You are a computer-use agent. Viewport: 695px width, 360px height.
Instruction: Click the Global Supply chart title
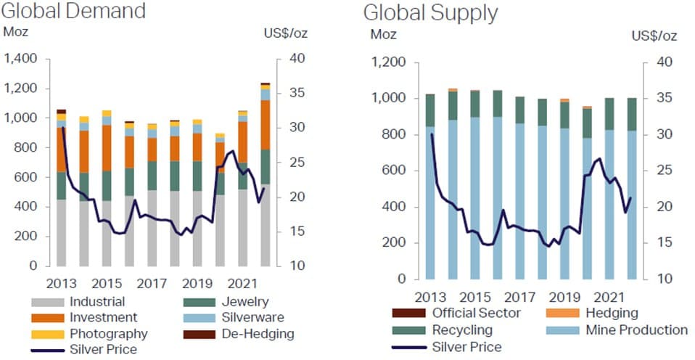point(430,13)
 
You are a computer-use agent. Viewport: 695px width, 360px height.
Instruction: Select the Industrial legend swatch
point(48,302)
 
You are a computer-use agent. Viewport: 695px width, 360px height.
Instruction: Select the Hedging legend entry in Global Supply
point(609,314)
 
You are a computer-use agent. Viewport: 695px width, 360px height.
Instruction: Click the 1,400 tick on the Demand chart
point(20,59)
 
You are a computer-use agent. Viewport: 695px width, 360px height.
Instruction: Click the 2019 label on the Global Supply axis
point(565,296)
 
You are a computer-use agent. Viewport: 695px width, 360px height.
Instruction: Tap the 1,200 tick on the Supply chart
point(385,62)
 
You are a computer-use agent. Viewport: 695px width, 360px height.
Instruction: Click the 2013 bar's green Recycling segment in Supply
point(429,110)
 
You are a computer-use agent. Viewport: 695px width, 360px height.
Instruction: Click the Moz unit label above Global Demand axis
point(15,31)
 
